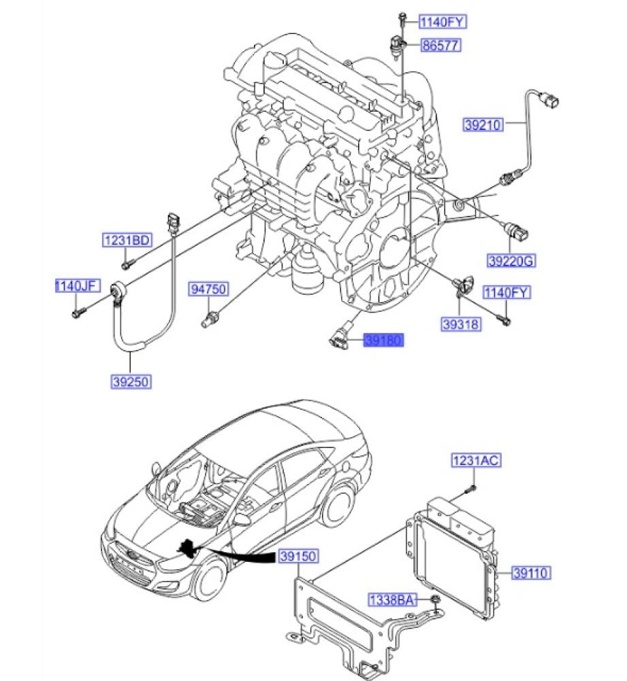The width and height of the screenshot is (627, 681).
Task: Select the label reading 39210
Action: pyautogui.click(x=483, y=125)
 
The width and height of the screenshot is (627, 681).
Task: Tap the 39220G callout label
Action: pyautogui.click(x=511, y=260)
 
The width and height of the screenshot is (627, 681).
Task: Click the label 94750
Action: pyautogui.click(x=208, y=289)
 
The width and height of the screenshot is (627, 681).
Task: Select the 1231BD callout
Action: pyautogui.click(x=127, y=240)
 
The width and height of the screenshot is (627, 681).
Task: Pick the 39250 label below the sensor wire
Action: pyautogui.click(x=131, y=382)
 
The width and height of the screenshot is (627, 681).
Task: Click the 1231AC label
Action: pyautogui.click(x=477, y=461)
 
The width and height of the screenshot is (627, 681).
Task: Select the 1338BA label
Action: pyautogui.click(x=391, y=600)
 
